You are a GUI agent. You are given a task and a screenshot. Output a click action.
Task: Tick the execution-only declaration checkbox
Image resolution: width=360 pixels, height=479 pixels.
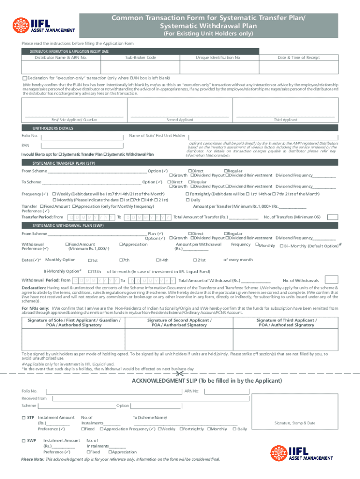tap(25, 78)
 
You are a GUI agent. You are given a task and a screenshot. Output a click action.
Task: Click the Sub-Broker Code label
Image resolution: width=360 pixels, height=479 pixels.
tap(140, 58)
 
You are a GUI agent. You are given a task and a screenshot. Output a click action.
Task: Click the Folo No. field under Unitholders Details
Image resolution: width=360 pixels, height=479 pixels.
tap(81, 136)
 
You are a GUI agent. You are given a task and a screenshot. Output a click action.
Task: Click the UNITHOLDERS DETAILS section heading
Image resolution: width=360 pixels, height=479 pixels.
tap(52, 128)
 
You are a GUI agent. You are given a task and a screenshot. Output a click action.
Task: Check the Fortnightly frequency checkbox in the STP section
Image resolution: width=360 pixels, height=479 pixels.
tap(187, 194)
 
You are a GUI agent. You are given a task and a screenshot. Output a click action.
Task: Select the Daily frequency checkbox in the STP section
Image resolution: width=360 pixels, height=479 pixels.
tap(187, 200)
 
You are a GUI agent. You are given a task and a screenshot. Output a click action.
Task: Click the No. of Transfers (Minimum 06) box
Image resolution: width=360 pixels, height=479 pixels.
tap(333, 217)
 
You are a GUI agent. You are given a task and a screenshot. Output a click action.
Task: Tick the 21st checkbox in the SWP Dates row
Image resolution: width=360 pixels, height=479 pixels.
tap(195, 260)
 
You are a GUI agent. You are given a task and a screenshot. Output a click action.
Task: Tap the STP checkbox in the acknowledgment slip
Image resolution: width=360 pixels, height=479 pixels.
tap(24, 417)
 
